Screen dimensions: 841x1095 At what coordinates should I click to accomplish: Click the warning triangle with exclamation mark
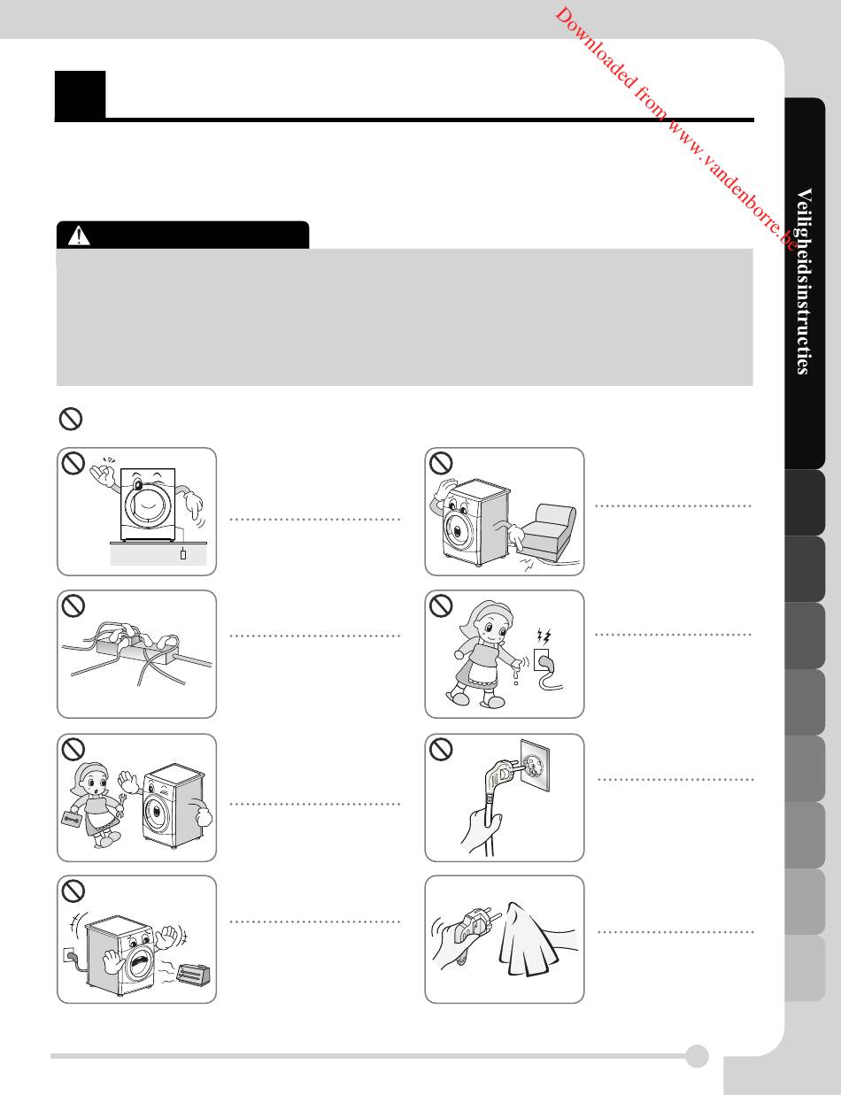79,235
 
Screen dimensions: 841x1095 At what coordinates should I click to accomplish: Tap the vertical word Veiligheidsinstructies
804,281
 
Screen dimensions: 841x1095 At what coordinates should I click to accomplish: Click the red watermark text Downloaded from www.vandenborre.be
675,128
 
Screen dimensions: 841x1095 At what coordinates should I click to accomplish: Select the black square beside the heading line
81,96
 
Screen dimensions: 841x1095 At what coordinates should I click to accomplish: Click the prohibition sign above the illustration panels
71,419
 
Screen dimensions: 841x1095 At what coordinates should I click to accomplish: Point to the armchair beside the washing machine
548,532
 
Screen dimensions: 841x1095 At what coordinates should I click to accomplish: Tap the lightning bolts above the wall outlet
544,636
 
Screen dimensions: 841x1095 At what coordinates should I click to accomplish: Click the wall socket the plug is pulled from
535,765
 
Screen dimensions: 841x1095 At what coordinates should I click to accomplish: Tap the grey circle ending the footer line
697,1056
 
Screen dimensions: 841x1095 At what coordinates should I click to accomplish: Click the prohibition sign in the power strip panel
73,605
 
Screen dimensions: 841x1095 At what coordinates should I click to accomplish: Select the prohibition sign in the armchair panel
441,463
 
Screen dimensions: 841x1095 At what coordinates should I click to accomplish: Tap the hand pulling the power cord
479,831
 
